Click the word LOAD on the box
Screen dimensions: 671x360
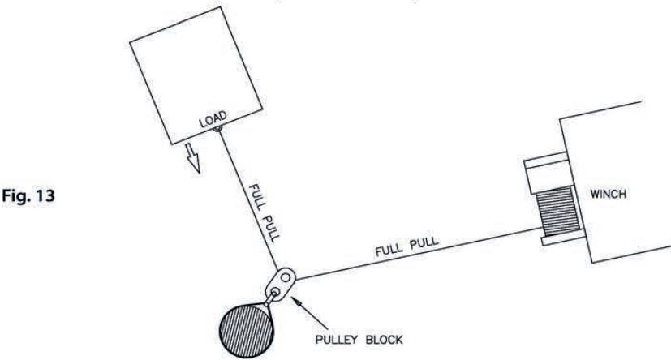click(x=213, y=119)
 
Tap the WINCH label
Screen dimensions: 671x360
click(x=608, y=194)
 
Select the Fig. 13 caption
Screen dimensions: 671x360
click(x=28, y=196)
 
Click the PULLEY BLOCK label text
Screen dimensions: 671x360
click(x=359, y=340)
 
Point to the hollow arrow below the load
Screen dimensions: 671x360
click(x=192, y=158)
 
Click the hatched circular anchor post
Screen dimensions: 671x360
click(x=246, y=330)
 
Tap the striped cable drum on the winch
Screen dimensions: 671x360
click(x=559, y=211)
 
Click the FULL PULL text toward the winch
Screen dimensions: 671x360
click(x=407, y=246)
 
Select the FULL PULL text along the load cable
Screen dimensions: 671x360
click(x=265, y=213)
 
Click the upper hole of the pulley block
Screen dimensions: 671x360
click(x=286, y=279)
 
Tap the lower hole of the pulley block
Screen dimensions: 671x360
click(x=276, y=292)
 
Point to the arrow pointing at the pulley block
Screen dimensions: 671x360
click(x=309, y=312)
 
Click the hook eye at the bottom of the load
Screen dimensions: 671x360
click(x=217, y=128)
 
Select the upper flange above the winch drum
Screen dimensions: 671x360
click(x=545, y=158)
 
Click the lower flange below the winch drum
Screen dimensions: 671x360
click(x=563, y=238)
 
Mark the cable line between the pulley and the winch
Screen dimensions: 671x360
click(x=417, y=254)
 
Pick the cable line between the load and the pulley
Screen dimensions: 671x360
click(x=248, y=199)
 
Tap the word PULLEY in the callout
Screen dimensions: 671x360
click(x=337, y=340)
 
